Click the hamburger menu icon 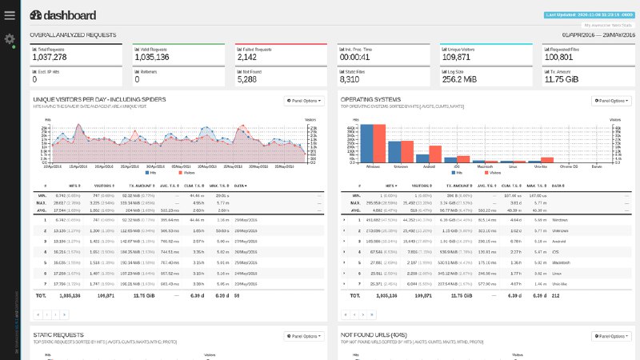pyautogui.click(x=10, y=15)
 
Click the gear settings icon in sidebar pyautogui.click(x=10, y=39)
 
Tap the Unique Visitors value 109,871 pyautogui.click(x=457, y=58)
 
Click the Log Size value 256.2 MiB pyautogui.click(x=457, y=79)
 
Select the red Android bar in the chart pyautogui.click(x=436, y=154)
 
